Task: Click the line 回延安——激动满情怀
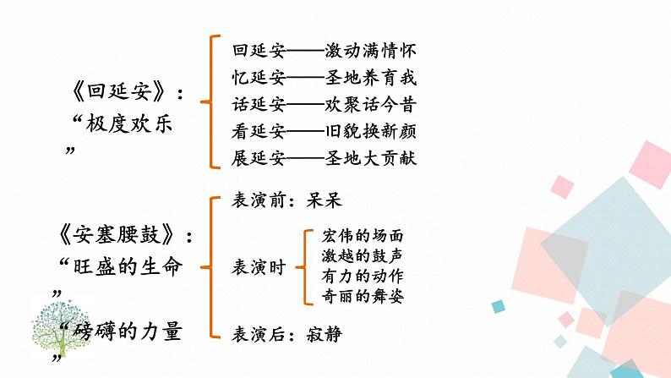tap(324, 52)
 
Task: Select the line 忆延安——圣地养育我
tap(324, 79)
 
